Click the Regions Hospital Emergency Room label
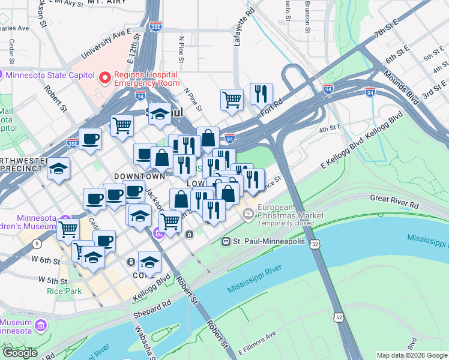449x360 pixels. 148,79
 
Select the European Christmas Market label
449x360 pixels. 291,211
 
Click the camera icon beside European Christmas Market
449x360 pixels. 248,214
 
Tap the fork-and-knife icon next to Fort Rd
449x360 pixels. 261,94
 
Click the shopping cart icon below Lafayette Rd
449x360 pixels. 232,100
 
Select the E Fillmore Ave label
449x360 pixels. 256,342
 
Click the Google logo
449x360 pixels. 19,353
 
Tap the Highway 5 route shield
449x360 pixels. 37,243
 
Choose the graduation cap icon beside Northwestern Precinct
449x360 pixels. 59,169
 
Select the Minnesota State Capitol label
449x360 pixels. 50,75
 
